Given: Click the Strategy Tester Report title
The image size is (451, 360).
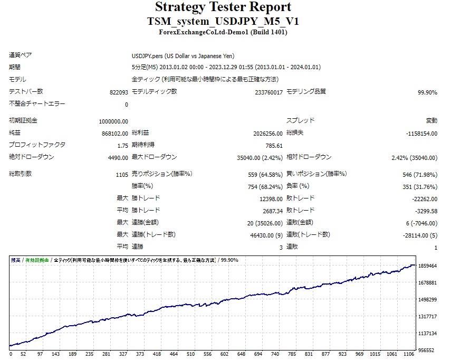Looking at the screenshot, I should click(x=223, y=7).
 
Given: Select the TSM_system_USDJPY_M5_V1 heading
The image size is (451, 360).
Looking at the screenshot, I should click(x=223, y=22).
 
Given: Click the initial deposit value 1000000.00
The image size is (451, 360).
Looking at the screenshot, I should click(x=113, y=121).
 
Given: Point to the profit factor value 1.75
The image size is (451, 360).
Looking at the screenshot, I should click(x=122, y=146).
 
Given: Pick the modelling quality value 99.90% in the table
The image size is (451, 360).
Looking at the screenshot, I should click(x=427, y=92).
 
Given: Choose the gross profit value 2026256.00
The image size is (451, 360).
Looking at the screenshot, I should click(x=268, y=134).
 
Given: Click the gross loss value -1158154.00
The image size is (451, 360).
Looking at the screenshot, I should click(x=421, y=134).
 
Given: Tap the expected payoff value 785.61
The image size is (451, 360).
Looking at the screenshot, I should click(x=274, y=146).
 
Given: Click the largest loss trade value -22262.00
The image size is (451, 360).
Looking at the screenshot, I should click(x=425, y=199).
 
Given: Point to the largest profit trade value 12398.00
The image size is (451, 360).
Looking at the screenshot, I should click(x=271, y=199).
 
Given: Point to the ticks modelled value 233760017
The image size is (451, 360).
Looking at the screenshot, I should click(x=268, y=92).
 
